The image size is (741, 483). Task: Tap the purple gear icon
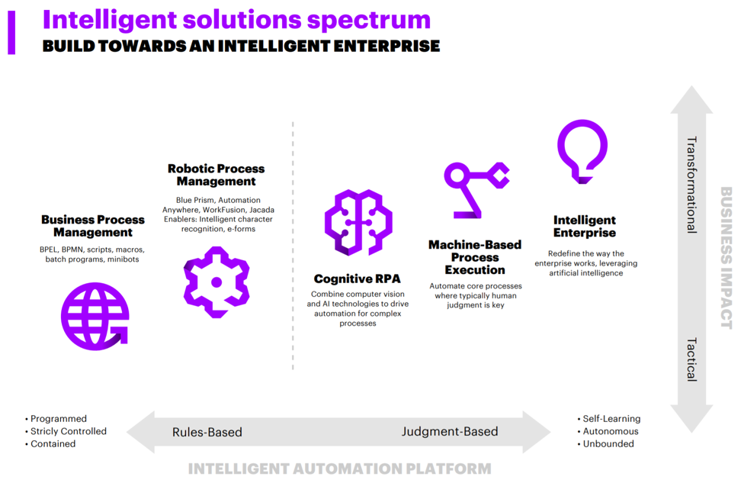(x=216, y=282)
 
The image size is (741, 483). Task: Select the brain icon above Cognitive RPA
(x=358, y=221)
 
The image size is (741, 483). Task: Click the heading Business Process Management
(x=93, y=226)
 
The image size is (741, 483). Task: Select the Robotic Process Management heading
(x=216, y=175)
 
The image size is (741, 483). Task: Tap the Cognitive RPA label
(x=357, y=279)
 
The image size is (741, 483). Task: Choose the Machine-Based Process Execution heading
(x=474, y=257)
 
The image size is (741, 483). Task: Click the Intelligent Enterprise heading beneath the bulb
(x=585, y=226)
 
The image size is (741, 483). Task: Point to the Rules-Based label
(x=207, y=432)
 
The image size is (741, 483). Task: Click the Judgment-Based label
(x=450, y=431)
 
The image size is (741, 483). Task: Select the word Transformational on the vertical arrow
(x=691, y=185)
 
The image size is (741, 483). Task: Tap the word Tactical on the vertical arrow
(x=691, y=359)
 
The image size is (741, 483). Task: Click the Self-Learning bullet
(x=611, y=418)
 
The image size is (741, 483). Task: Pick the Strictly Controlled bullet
(x=68, y=431)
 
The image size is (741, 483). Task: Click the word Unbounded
(x=608, y=443)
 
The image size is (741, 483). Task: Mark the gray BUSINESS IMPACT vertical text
(x=725, y=258)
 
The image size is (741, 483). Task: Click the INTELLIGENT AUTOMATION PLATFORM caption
(x=339, y=469)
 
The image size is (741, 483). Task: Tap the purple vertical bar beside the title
(x=11, y=31)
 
